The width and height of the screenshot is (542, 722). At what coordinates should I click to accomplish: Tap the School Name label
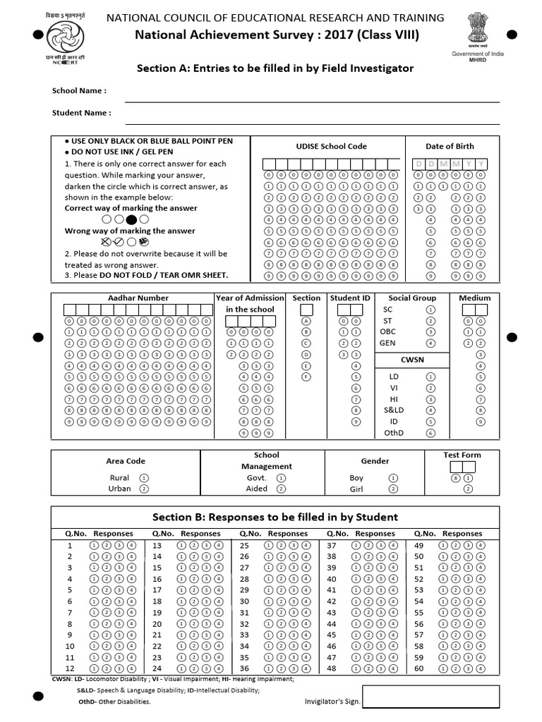click(x=79, y=91)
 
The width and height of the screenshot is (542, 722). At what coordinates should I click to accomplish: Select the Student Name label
click(x=81, y=113)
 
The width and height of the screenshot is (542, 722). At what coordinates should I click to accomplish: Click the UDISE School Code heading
click(x=331, y=147)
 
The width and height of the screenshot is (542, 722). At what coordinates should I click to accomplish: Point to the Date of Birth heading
click(x=450, y=147)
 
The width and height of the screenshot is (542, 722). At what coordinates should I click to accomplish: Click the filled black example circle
click(x=131, y=219)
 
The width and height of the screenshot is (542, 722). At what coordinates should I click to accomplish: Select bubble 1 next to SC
click(x=431, y=310)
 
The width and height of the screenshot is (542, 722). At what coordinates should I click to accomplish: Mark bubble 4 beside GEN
click(x=431, y=343)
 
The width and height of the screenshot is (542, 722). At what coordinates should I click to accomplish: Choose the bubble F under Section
click(x=306, y=377)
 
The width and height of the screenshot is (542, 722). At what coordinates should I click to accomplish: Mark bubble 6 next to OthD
click(x=431, y=433)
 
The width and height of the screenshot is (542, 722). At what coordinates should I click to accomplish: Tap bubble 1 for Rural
click(x=144, y=477)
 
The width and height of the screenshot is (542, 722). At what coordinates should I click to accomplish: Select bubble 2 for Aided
click(x=281, y=488)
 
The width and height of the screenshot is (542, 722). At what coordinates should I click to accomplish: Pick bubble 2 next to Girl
click(x=393, y=489)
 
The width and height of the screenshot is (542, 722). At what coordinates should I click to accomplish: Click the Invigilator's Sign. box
click(x=430, y=696)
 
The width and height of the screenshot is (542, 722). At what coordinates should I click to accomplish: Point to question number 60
click(x=418, y=668)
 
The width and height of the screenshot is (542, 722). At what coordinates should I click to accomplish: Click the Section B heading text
click(x=275, y=517)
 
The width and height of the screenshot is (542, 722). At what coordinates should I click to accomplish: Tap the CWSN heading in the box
click(x=411, y=360)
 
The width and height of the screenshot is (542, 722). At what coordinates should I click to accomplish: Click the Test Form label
click(x=462, y=455)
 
